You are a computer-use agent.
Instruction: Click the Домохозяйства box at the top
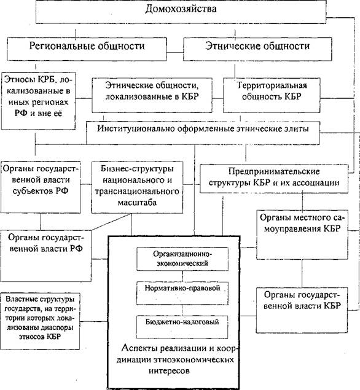coord(181,12)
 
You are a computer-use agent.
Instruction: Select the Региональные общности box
coord(87,49)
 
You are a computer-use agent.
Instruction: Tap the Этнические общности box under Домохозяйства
coord(257,49)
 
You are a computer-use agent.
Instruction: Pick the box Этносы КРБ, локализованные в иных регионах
coord(38,101)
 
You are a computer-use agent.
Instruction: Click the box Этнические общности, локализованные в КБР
coord(152,95)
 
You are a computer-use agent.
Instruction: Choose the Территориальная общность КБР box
coord(272,95)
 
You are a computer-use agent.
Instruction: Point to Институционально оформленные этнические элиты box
coord(203,133)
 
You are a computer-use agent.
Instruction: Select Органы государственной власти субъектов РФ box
coord(41,187)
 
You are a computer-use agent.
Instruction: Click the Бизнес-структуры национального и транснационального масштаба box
coord(137,187)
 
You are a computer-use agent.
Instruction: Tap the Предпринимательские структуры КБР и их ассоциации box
coord(274,179)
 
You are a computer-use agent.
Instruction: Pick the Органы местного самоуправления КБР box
coord(302,235)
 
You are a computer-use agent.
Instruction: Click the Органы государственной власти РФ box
coord(46,256)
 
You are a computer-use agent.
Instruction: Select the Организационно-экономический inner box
coord(182,259)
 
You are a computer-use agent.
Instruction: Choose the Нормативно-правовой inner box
coord(182,293)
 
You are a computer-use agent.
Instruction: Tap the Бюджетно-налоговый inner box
coord(182,327)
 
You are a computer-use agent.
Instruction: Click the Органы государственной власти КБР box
coord(302,310)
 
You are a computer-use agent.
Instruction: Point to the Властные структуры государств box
coord(40,321)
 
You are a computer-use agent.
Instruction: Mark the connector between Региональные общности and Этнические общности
coord(175,52)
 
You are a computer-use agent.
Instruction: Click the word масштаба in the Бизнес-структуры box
coord(137,203)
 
